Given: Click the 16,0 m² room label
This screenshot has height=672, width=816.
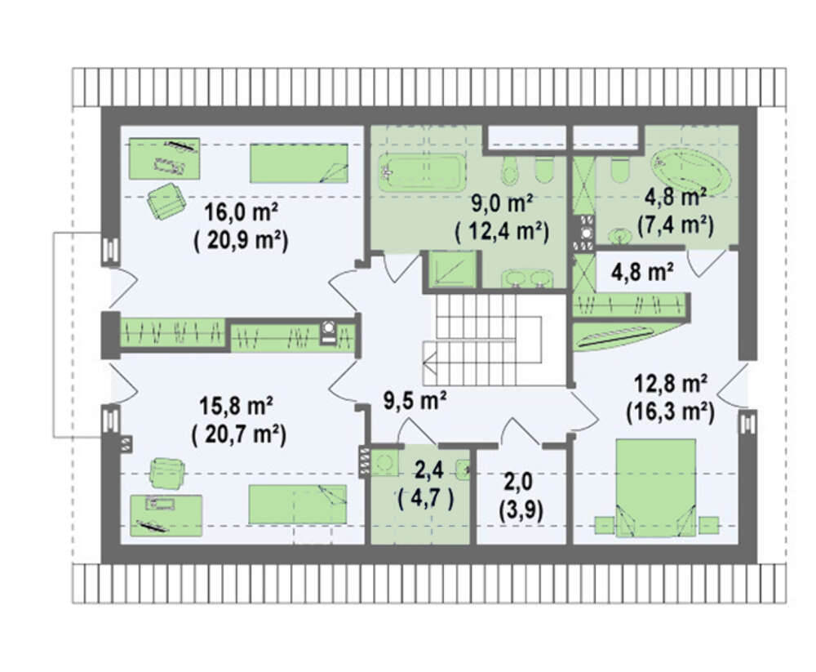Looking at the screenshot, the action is (x=240, y=212).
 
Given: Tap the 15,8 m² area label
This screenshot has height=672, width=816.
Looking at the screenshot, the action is (x=237, y=406).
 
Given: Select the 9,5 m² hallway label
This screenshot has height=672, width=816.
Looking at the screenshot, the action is (x=415, y=401).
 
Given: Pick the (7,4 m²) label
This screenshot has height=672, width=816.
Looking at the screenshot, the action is (x=675, y=225).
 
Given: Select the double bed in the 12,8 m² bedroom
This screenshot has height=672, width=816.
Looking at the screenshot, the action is (x=656, y=487).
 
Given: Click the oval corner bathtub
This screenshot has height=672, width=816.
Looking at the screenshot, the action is (x=691, y=169).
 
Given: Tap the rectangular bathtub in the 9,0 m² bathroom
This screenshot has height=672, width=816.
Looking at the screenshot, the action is (x=421, y=172).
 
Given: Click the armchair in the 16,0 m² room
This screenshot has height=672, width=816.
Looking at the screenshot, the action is (x=166, y=201).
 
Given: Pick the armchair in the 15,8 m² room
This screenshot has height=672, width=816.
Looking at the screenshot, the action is (x=167, y=473).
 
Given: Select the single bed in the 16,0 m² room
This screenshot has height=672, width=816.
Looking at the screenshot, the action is (x=299, y=163).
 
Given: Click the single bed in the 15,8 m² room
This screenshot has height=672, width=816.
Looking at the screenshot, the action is (x=298, y=505).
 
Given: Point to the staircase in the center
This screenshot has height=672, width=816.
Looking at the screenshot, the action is (x=482, y=340).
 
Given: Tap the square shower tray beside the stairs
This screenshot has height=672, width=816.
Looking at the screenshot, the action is (x=452, y=269).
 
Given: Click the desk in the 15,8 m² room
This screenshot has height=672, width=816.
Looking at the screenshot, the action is (x=166, y=515).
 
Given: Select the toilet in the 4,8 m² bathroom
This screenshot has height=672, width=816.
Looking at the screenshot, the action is (x=619, y=170).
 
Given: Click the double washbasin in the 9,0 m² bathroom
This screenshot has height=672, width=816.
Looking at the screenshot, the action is (x=527, y=278).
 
